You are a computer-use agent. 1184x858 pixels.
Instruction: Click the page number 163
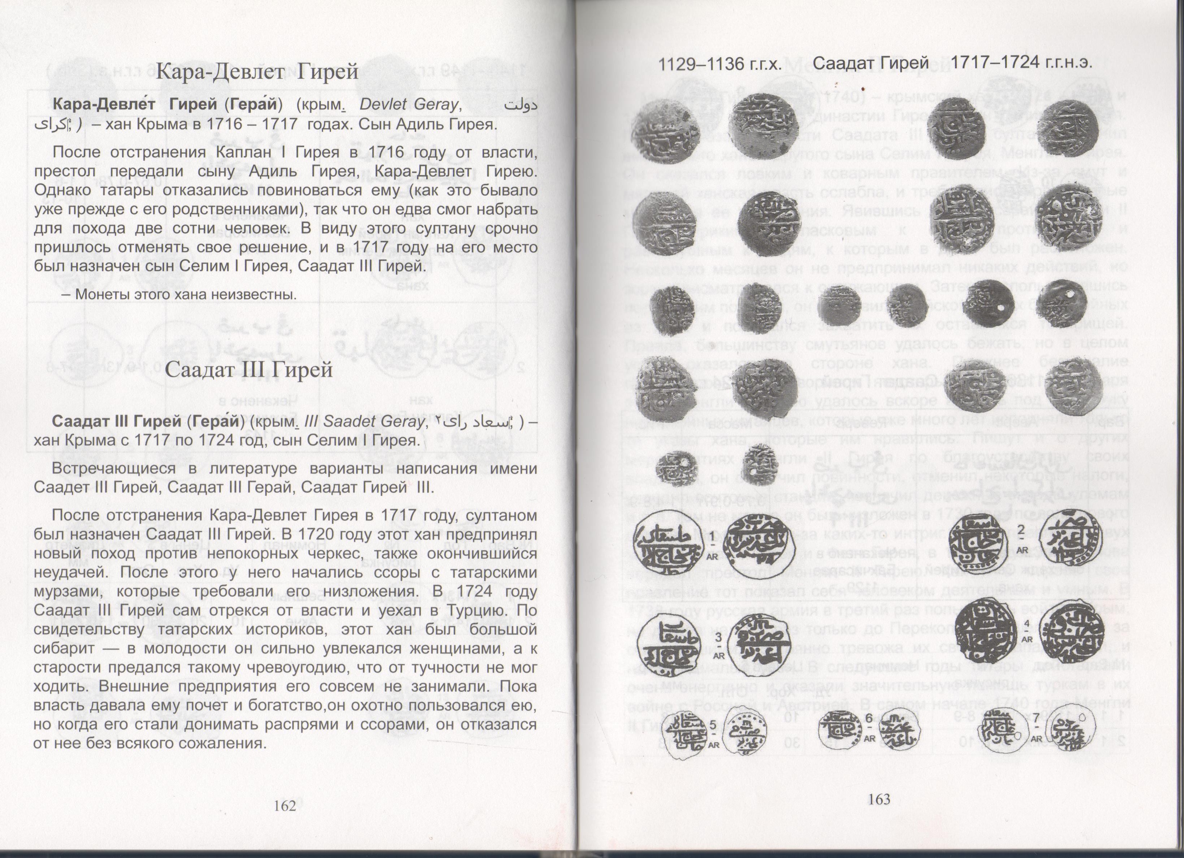click(x=879, y=798)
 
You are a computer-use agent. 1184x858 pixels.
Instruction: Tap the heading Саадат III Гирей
click(x=249, y=369)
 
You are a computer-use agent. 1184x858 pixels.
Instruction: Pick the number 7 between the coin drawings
click(x=1036, y=719)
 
